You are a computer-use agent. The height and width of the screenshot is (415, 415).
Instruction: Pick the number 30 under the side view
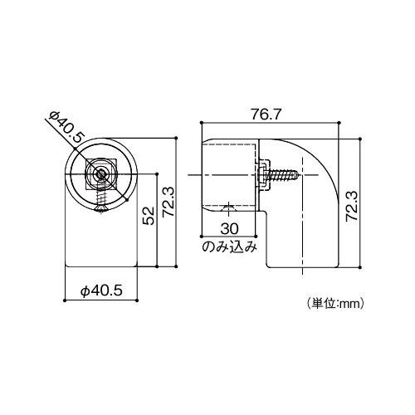[x=230, y=229]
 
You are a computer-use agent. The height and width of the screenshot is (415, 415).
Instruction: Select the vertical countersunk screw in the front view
[x=101, y=200]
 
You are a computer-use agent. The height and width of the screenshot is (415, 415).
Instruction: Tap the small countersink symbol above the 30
[x=229, y=207]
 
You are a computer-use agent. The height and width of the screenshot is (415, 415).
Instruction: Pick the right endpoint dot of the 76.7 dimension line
[x=339, y=124]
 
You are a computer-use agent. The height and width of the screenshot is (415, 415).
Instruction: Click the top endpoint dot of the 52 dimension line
[x=157, y=173]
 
